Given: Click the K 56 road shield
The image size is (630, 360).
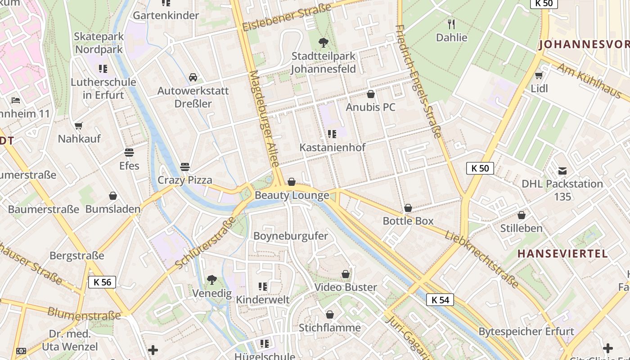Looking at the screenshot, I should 102,282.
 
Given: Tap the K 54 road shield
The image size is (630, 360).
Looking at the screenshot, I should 440,300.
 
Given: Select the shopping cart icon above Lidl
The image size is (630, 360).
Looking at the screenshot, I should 539,75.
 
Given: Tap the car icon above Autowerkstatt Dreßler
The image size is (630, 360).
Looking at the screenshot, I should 193,77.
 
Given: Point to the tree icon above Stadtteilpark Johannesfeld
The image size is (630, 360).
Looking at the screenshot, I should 323,43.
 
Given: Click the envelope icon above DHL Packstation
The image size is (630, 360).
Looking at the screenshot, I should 562,171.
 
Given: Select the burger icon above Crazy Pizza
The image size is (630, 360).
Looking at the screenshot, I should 184,166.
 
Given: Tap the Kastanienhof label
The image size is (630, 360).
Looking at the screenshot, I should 333,147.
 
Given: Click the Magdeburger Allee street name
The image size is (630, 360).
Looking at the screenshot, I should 265,118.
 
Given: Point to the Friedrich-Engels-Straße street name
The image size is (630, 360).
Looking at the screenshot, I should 418,81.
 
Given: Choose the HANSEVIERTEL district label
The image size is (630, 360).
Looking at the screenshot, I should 562,253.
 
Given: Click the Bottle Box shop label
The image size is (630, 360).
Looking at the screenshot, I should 408,221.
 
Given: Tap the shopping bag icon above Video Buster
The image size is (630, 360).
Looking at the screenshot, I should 346,274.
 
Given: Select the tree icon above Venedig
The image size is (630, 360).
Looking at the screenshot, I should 211,280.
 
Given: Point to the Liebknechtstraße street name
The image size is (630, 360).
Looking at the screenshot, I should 481,260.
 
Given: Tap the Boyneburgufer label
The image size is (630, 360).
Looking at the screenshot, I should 291,236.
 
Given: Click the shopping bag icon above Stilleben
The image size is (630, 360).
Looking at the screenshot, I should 522,215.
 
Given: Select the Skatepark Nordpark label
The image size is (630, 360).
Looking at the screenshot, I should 99,43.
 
